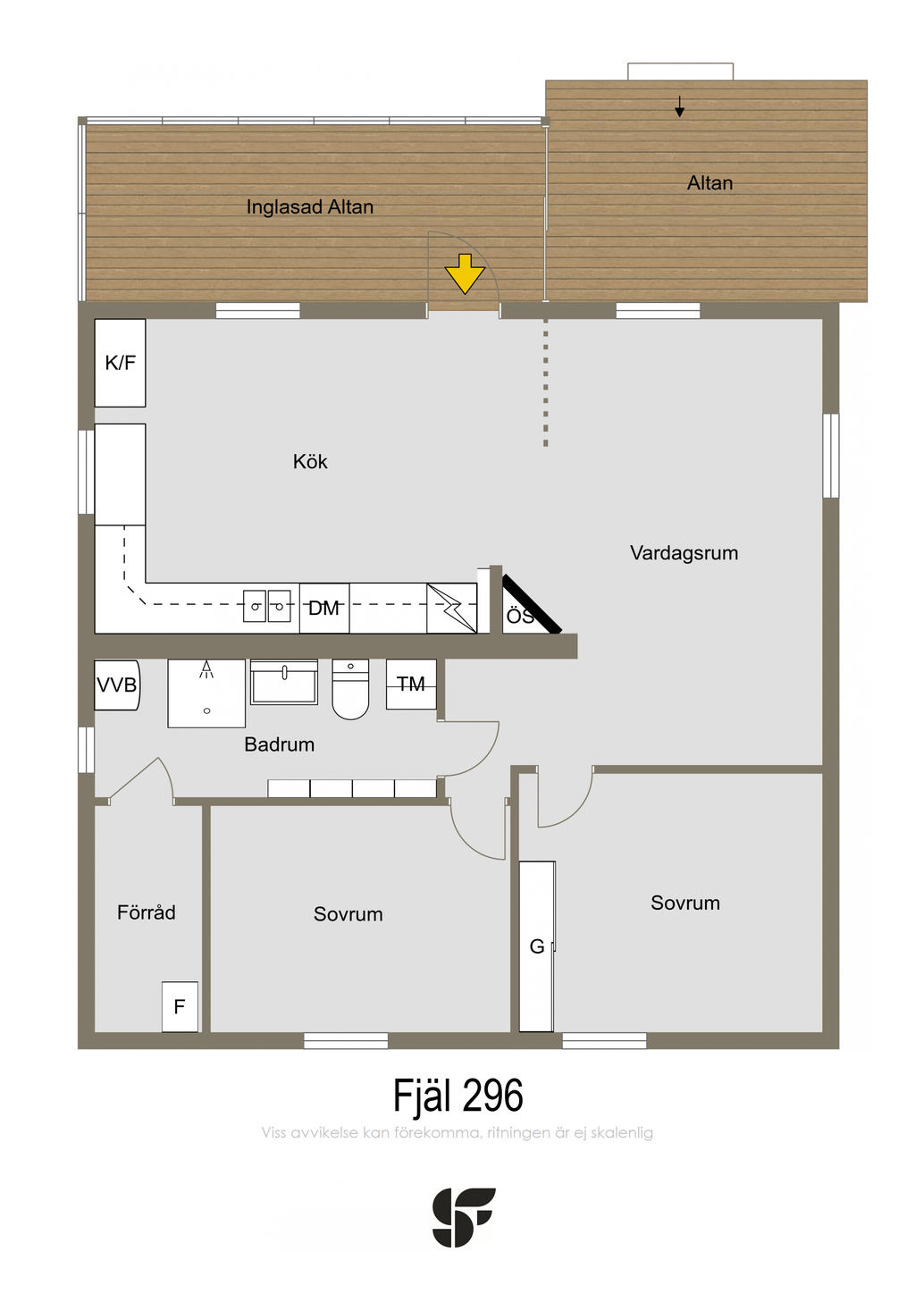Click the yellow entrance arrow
465,273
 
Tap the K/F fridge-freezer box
121,363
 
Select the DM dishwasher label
323,609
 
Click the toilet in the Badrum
350,690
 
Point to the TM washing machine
411,685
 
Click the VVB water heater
117,685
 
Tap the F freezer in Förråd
180,1007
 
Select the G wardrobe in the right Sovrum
537,946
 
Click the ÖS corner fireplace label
520,616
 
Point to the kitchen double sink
267,607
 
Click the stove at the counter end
451,609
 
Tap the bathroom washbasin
284,684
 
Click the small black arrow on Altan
680,107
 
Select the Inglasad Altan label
310,207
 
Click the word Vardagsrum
684,553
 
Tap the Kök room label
310,462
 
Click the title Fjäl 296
457,1096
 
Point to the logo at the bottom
464,1217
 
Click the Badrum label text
280,744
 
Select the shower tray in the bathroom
206,693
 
